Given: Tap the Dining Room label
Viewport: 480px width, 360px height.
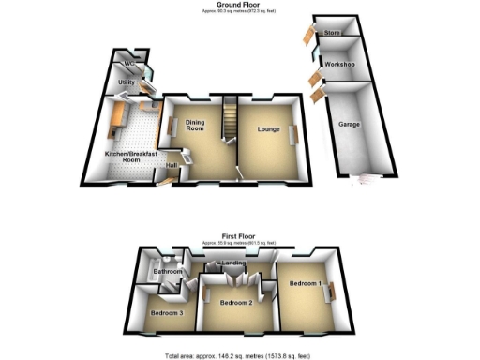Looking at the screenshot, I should point(195,126).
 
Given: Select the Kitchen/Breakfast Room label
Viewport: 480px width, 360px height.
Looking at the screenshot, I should point(123,155).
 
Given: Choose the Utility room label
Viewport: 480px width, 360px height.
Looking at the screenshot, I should point(127,82).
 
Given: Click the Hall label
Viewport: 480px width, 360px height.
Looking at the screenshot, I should point(172,167).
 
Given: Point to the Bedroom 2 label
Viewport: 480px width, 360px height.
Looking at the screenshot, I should point(236,303).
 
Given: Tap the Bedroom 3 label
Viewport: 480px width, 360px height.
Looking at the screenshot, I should point(167,313).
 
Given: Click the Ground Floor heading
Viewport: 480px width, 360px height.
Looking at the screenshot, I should point(240,5).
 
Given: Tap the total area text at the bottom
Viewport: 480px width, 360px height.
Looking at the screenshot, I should point(240,355).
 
